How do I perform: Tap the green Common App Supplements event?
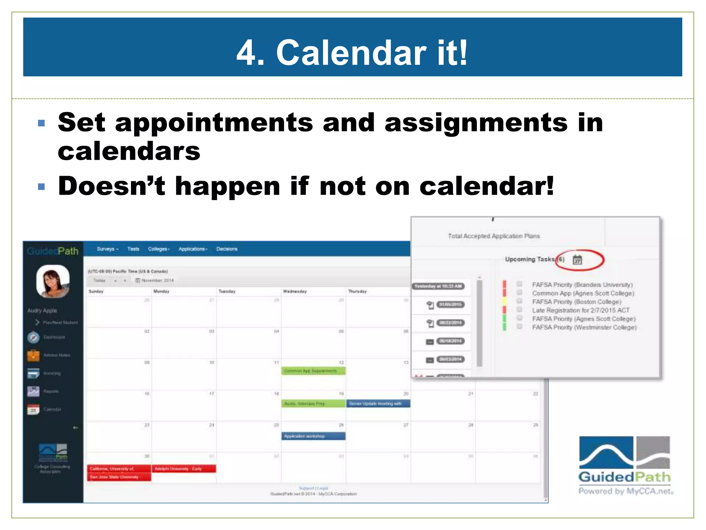(313, 371)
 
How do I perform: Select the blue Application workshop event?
(313, 436)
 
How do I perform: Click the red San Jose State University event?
(119, 477)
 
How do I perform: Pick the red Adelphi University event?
(183, 469)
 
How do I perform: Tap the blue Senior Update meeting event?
(378, 404)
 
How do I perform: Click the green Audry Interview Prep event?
(313, 404)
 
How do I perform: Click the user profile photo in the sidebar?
(53, 281)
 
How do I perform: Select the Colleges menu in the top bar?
(159, 249)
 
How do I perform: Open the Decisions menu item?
(227, 249)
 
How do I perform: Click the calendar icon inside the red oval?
(577, 260)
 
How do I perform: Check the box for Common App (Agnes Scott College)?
(520, 293)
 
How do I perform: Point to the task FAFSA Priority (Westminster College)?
(584, 327)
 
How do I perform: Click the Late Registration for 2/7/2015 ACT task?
(581, 311)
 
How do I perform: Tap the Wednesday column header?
(295, 292)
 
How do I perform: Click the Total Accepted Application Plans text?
(494, 236)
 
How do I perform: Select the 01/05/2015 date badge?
(450, 305)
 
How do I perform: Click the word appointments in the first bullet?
(214, 122)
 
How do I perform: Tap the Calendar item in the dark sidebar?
(52, 410)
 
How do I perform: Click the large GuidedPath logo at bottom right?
(624, 464)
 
